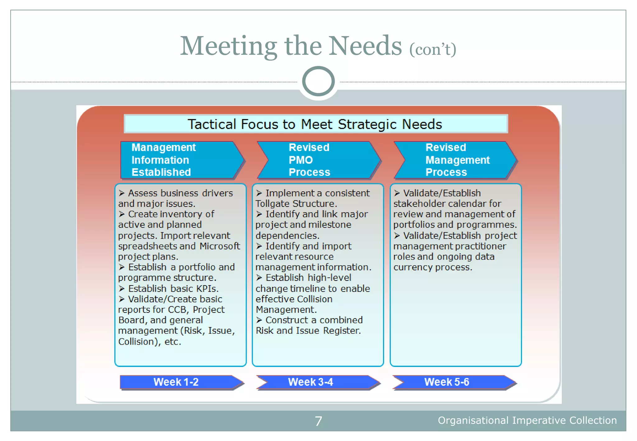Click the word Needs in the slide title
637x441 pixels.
point(365,46)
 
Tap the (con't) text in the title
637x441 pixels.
point(433,49)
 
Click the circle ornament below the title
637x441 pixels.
point(318,81)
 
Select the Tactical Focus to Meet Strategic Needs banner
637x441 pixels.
point(315,124)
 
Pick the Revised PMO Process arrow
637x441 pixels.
point(318,160)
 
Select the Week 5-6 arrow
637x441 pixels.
point(453,382)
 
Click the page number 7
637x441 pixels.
point(318,421)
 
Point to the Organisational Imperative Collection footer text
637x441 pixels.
point(527,420)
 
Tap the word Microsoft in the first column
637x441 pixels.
point(220,246)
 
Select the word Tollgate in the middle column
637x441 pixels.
point(272,204)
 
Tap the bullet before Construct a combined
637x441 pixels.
point(259,320)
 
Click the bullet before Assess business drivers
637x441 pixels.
point(122,193)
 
